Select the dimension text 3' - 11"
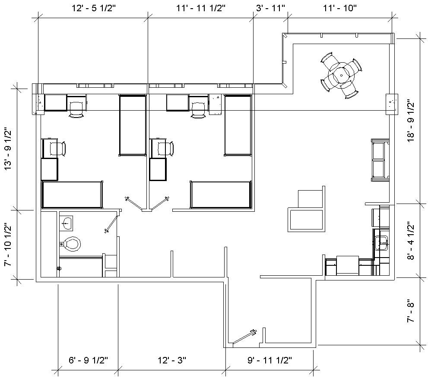click(270, 7)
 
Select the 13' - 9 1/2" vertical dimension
click(8, 149)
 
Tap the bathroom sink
click(67, 223)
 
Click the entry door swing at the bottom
click(243, 338)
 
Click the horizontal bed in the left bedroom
click(72, 194)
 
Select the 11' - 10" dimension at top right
click(339, 7)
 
